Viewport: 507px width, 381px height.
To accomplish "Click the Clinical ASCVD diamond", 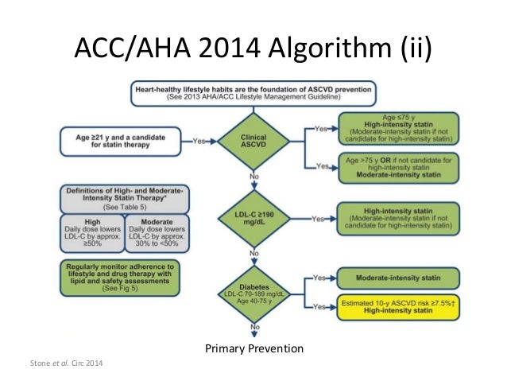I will click(254, 142).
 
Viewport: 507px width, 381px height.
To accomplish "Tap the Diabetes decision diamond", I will click(254, 291).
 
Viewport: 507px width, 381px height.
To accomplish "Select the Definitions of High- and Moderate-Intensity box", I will click(118, 196).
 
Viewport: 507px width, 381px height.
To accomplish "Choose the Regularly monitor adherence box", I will click(118, 272).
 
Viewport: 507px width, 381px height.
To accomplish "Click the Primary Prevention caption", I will click(254, 348).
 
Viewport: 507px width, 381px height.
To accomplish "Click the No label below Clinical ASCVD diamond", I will click(255, 176).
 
